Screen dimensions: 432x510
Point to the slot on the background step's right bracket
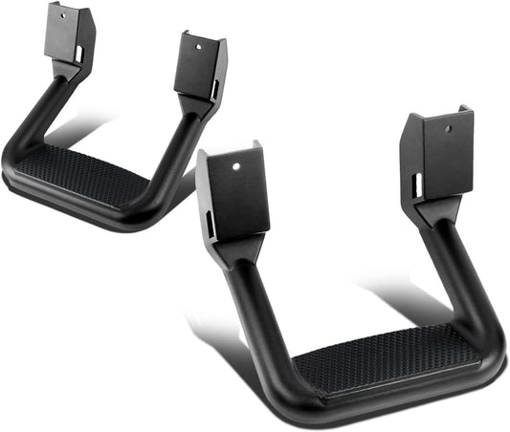pyautogui.click(x=212, y=91)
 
